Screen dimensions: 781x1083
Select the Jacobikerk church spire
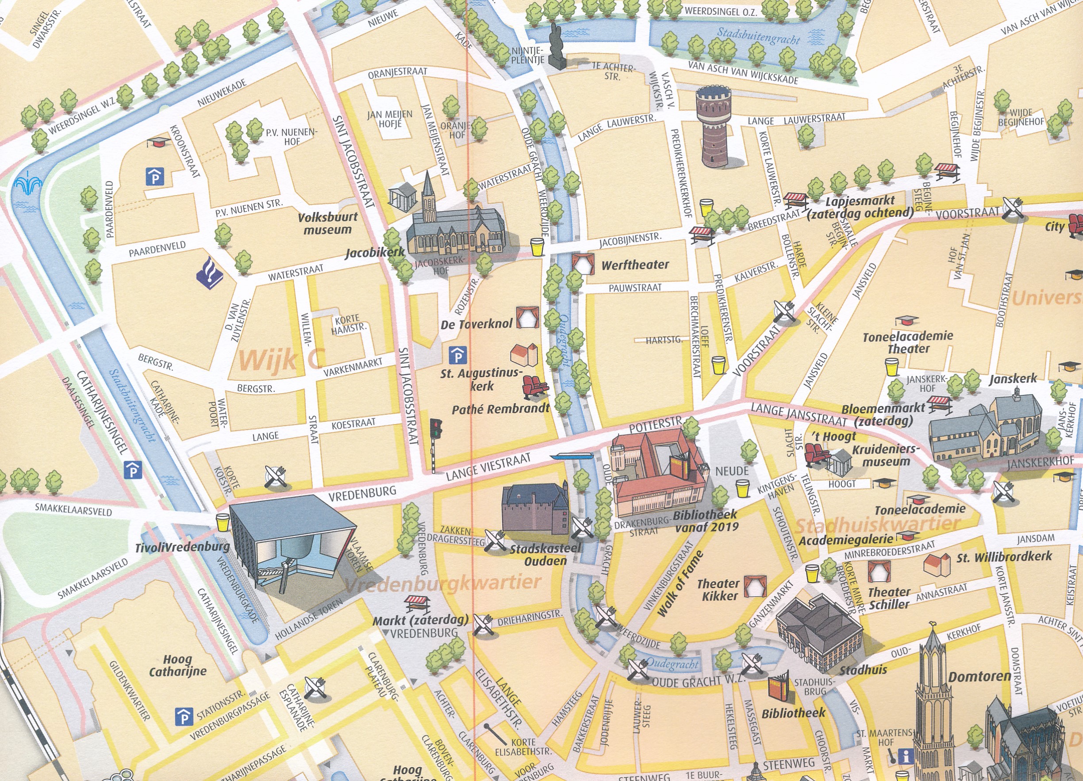(x=428, y=196)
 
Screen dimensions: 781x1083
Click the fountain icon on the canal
(x=28, y=184)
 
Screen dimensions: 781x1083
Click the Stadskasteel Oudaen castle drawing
(x=535, y=510)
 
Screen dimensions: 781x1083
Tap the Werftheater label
(x=635, y=265)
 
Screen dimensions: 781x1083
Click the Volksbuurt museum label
(x=327, y=223)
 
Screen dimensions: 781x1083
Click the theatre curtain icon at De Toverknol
(x=527, y=317)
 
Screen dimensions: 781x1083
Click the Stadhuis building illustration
(x=819, y=631)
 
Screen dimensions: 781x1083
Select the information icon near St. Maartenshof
(x=905, y=756)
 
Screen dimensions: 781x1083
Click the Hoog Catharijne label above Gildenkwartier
(x=178, y=666)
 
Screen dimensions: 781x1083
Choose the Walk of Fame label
(x=680, y=584)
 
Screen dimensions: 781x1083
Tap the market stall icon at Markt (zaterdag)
(x=417, y=603)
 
